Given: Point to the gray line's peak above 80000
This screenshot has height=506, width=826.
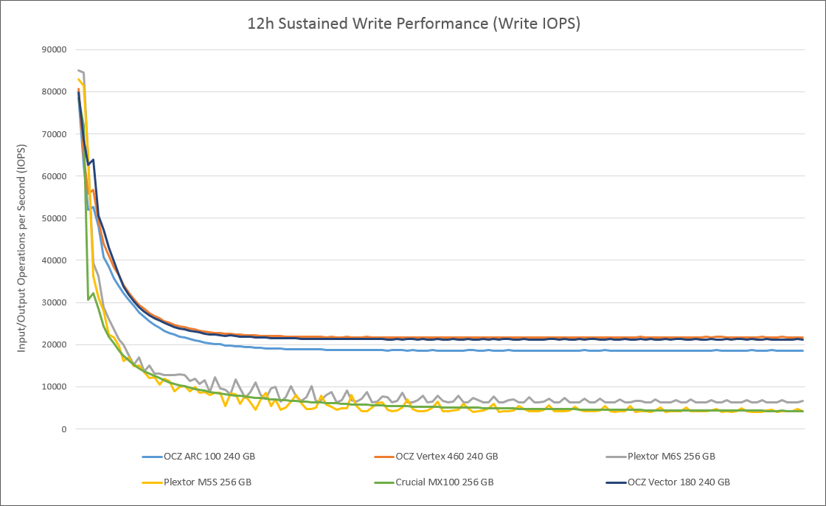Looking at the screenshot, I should (78, 70).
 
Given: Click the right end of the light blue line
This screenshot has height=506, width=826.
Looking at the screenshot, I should (802, 350).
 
